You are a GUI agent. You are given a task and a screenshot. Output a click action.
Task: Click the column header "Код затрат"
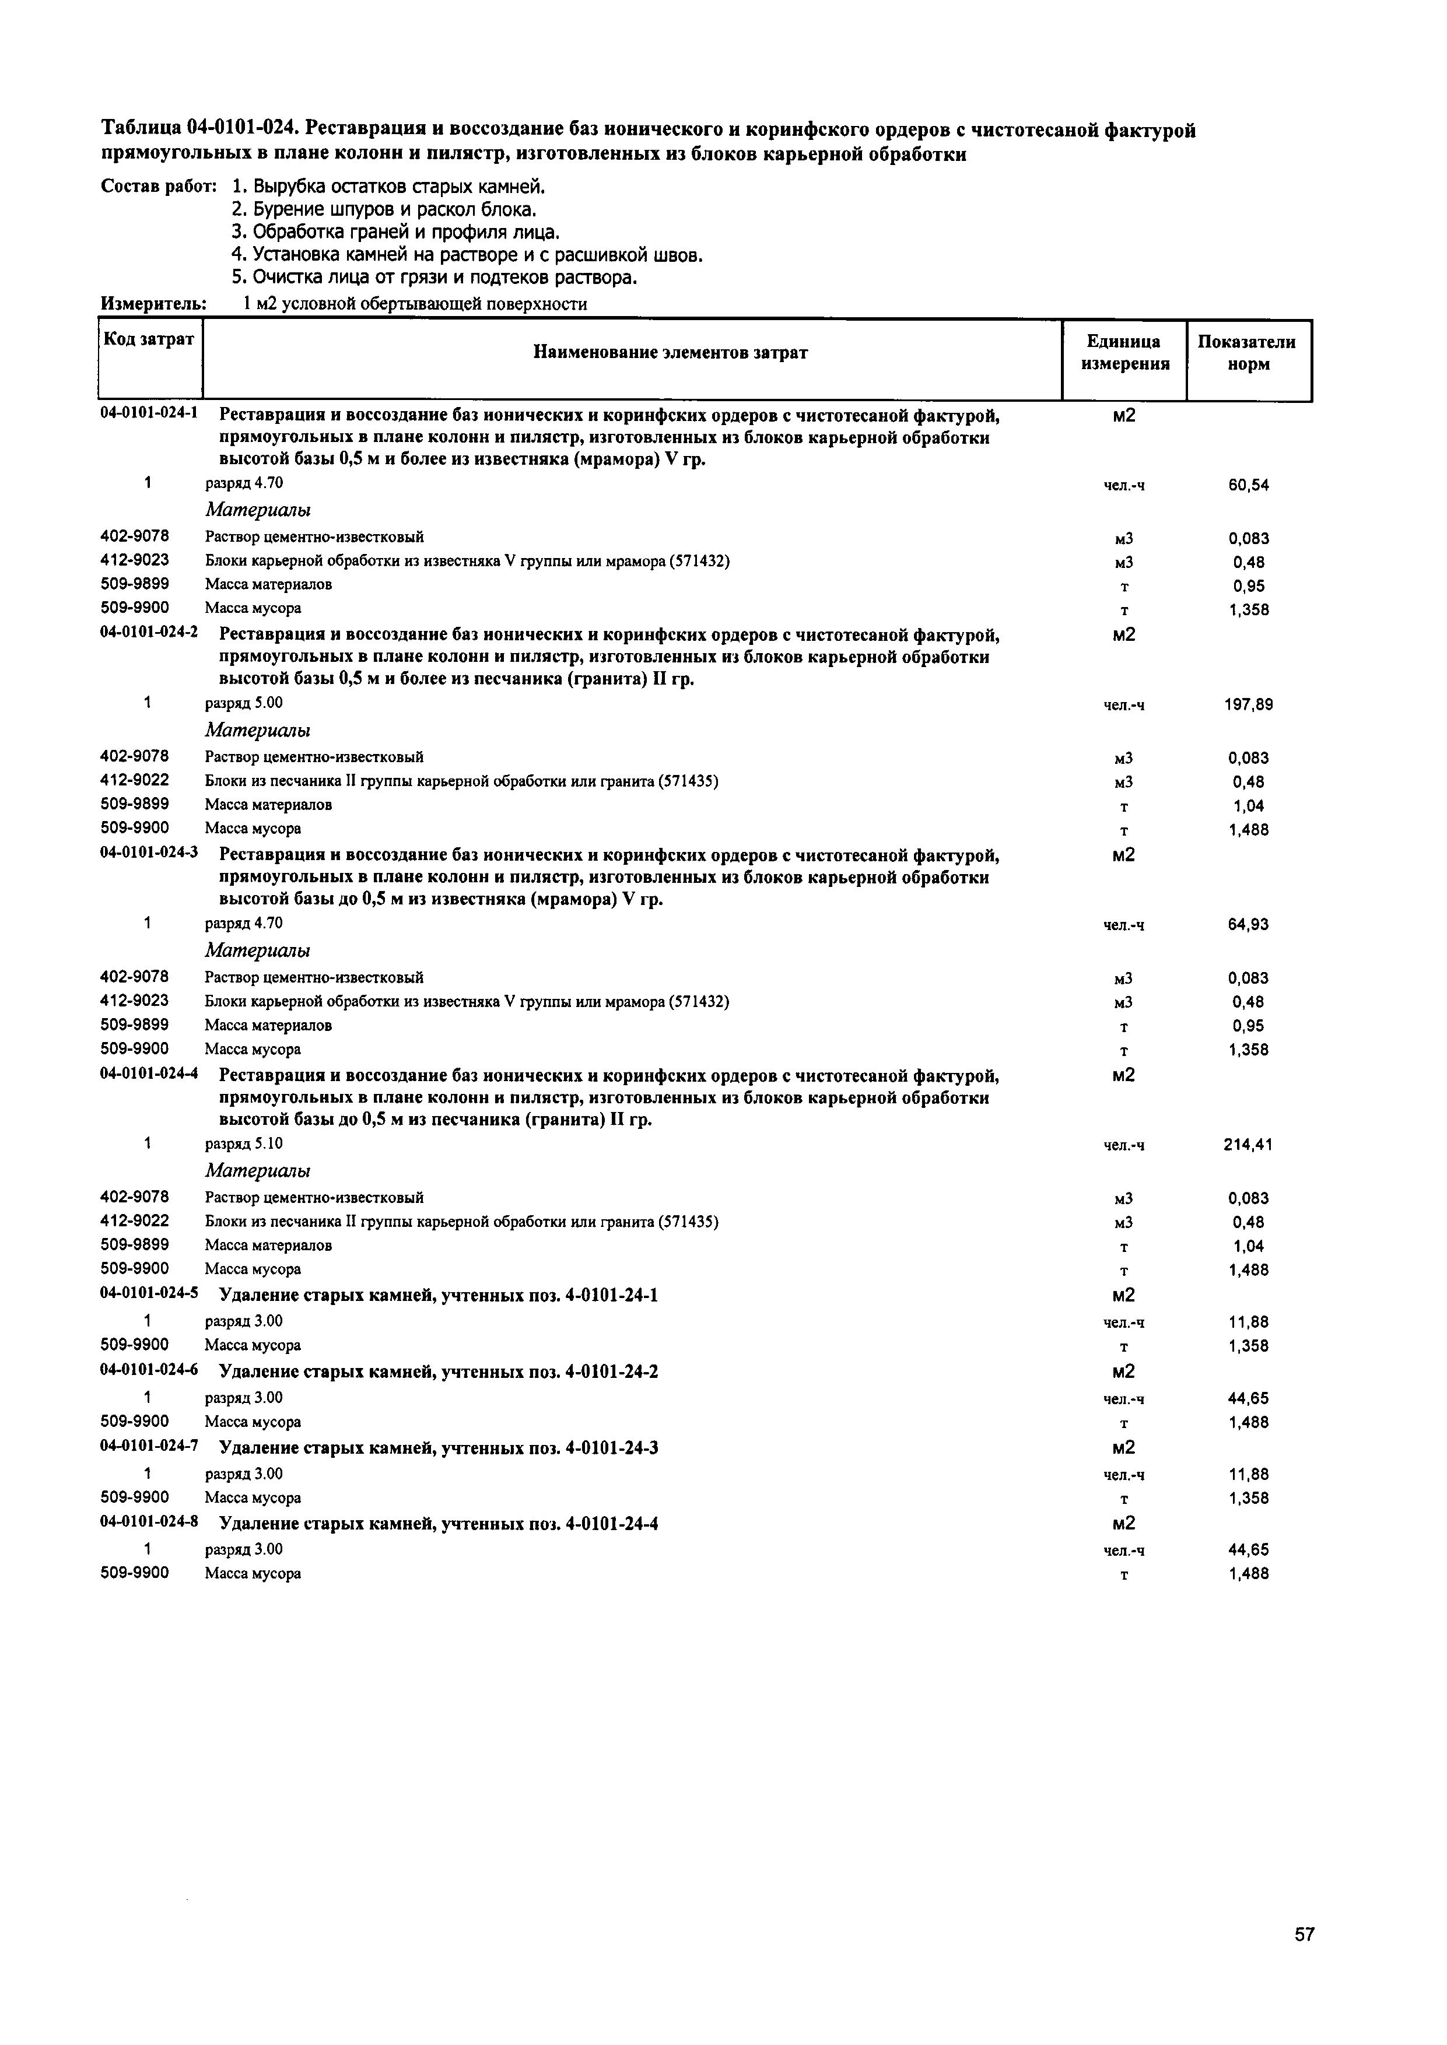(x=149, y=339)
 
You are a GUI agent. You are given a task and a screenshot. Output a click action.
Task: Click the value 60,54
(x=1248, y=485)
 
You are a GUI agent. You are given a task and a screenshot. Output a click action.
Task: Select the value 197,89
(x=1248, y=704)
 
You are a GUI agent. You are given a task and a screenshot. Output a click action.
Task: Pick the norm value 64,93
(x=1248, y=924)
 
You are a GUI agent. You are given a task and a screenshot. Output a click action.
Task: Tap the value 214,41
(x=1248, y=1145)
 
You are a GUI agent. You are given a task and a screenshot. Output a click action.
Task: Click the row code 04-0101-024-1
(x=149, y=413)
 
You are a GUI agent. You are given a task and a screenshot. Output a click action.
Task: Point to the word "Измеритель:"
(x=154, y=304)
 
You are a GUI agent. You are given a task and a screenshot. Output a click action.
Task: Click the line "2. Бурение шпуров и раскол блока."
(x=384, y=210)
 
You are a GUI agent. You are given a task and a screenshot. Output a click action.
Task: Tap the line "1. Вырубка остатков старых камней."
(x=388, y=187)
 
